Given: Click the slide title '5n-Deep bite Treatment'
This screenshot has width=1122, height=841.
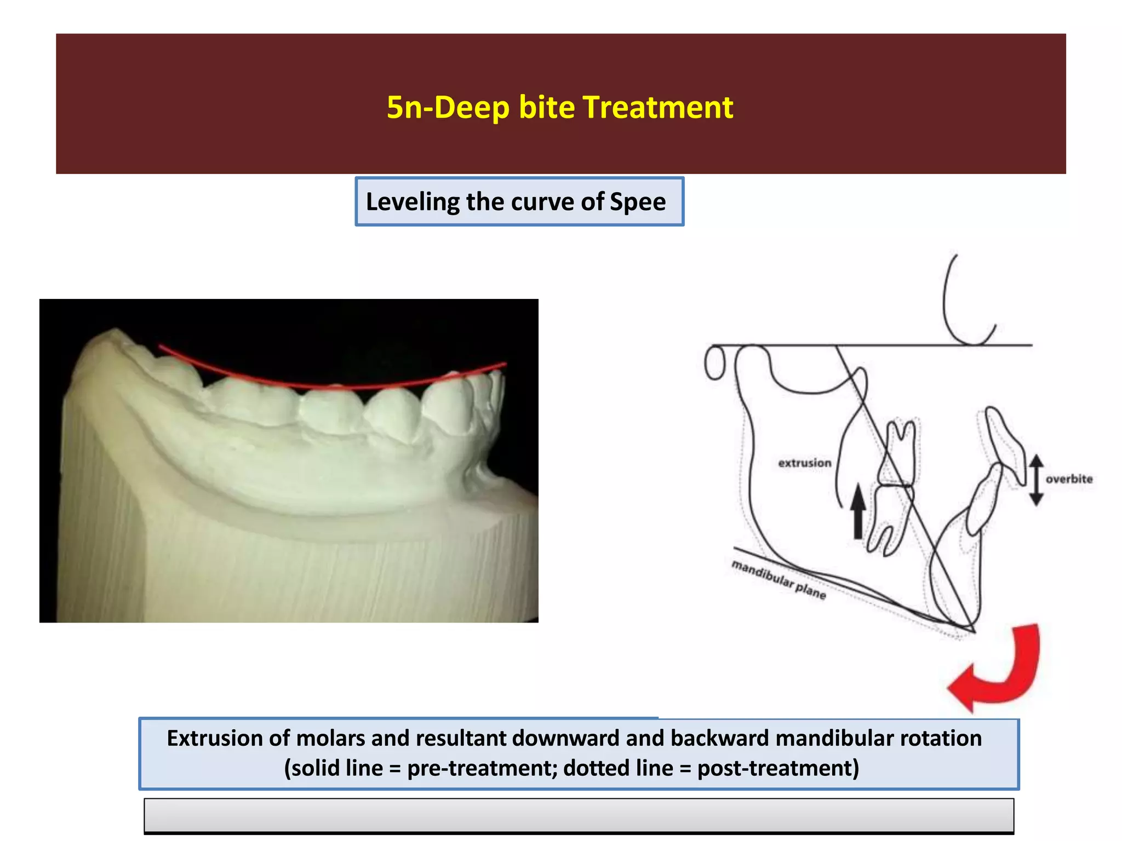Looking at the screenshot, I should pyautogui.click(x=559, y=107).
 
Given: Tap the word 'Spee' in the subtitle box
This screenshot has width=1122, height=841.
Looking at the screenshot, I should pyautogui.click(x=638, y=202).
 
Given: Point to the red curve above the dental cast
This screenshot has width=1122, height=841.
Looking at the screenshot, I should pyautogui.click(x=329, y=385).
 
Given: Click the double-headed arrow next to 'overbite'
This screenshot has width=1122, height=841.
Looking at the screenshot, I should pyautogui.click(x=1035, y=480).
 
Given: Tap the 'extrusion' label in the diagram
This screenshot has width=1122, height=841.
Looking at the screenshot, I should pyautogui.click(x=804, y=463).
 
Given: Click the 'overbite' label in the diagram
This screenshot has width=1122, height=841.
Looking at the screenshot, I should pyautogui.click(x=1069, y=479).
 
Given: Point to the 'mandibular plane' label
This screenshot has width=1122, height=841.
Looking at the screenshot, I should pyautogui.click(x=778, y=580).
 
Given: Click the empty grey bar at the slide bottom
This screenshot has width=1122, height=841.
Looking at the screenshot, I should pyautogui.click(x=579, y=815).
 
